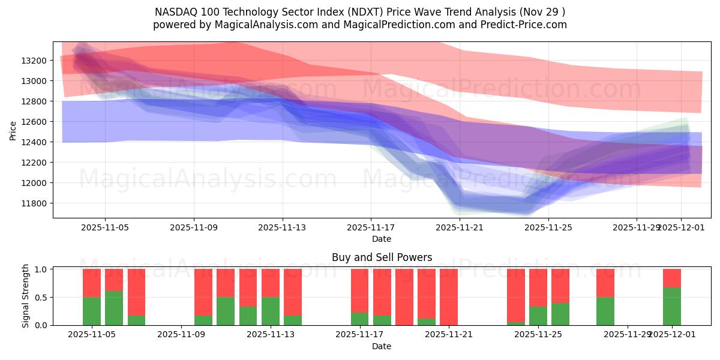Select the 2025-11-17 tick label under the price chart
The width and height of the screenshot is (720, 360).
tap(371, 227)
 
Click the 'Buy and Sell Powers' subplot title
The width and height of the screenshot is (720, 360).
tap(382, 257)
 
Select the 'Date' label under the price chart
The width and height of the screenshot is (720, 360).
tap(382, 239)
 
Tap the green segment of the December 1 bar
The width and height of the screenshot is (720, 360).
tap(672, 306)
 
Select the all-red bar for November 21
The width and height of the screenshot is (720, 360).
tap(449, 297)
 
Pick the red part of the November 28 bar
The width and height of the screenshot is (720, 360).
tap(605, 283)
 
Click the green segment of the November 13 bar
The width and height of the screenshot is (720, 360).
tap(271, 311)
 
